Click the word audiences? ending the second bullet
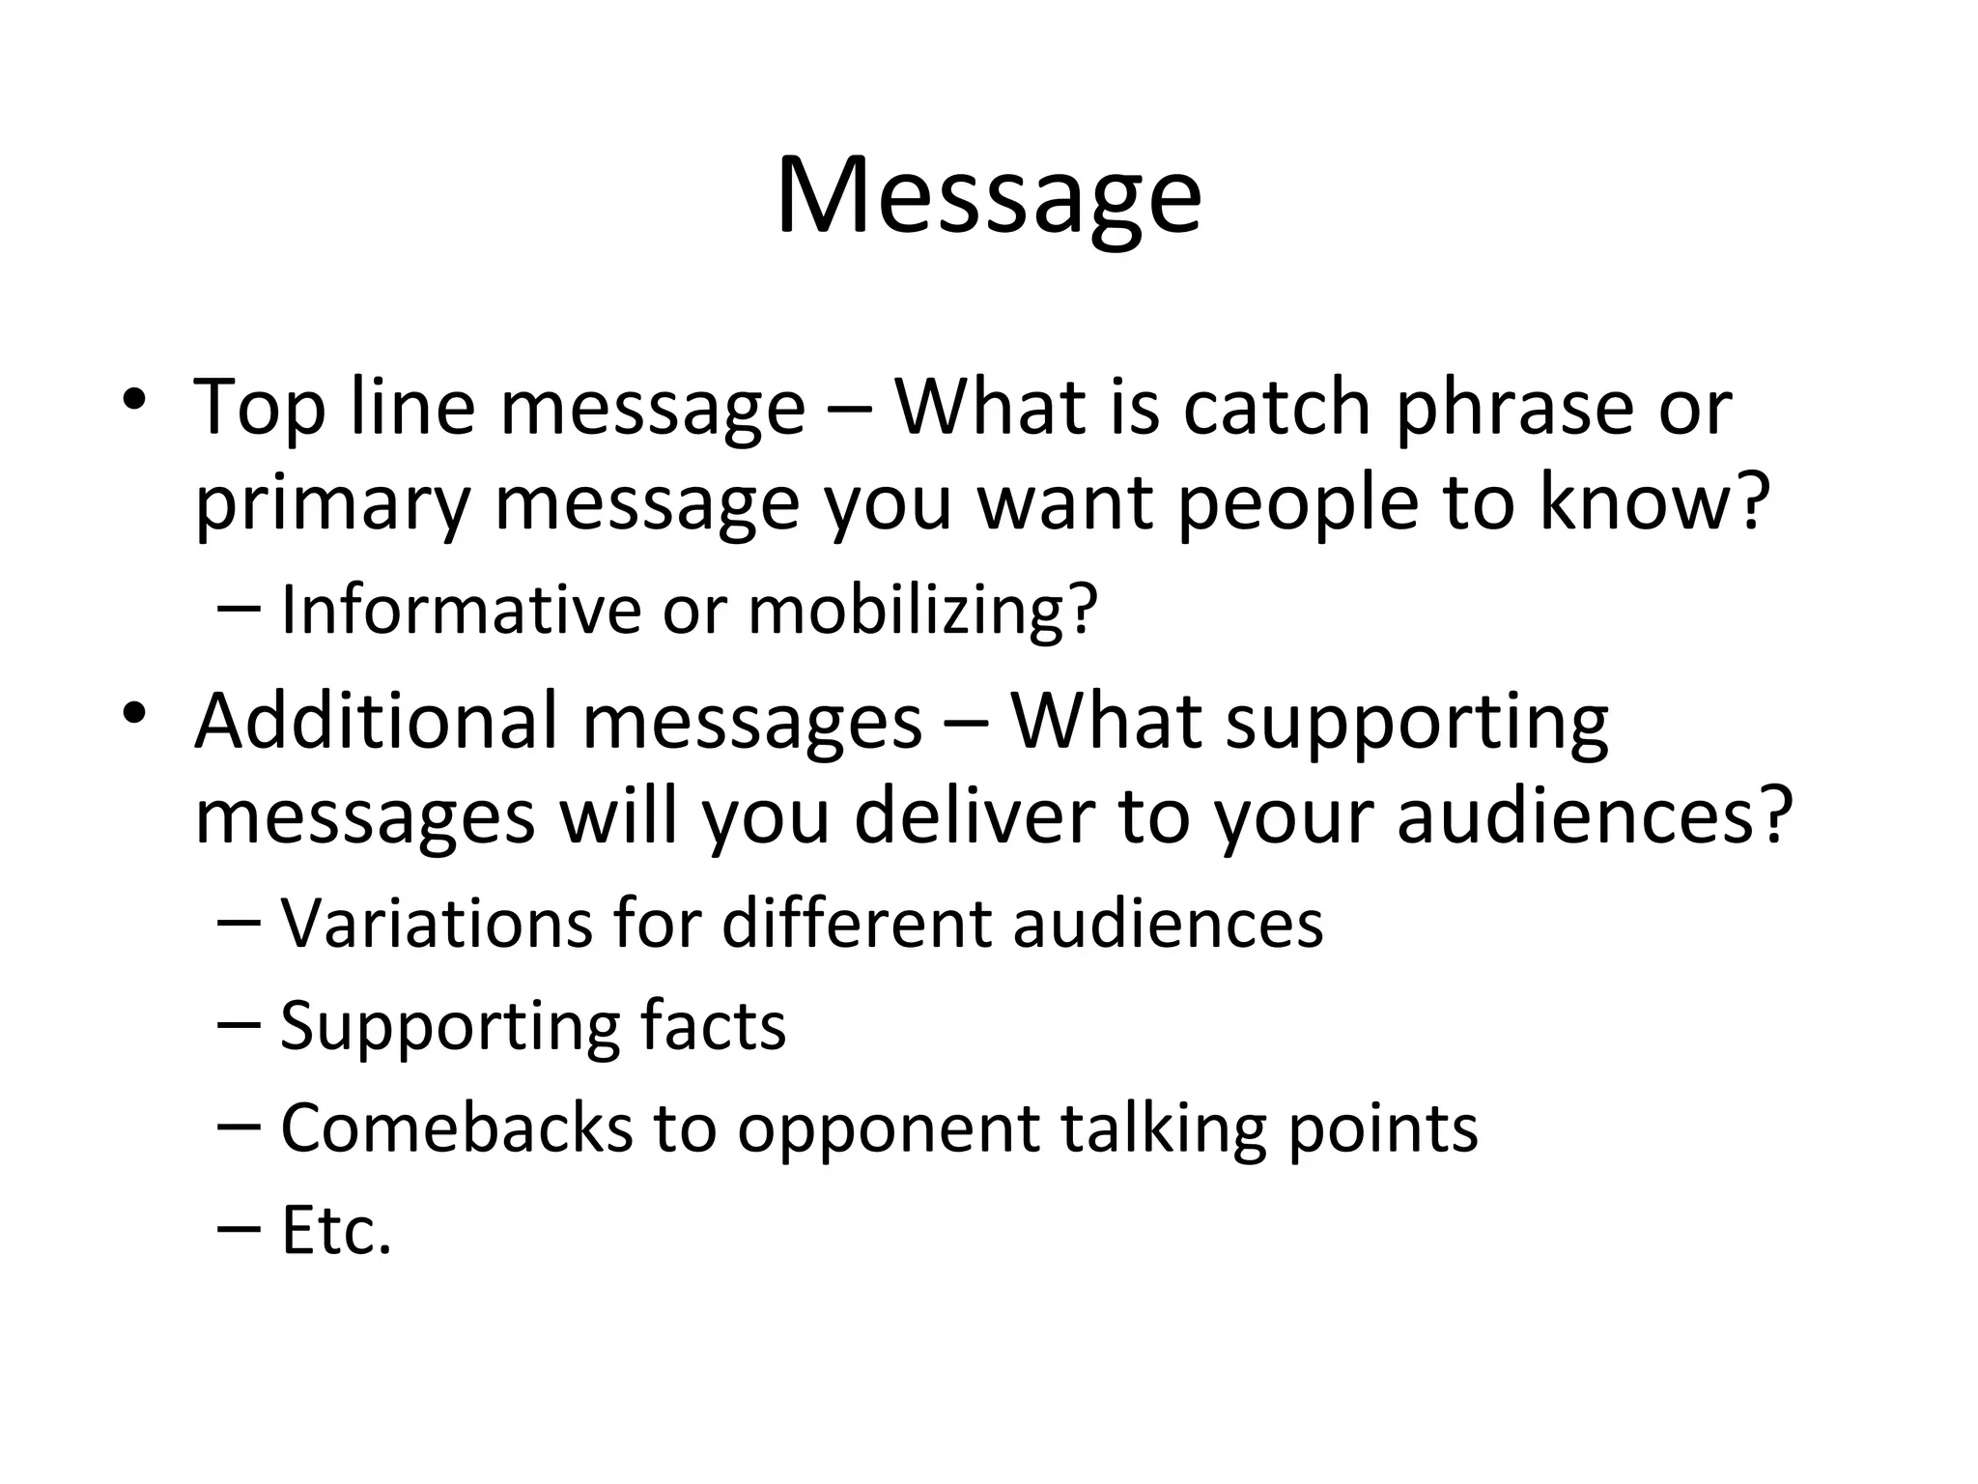1595,816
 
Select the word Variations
436,924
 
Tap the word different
856,924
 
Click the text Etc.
336,1231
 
